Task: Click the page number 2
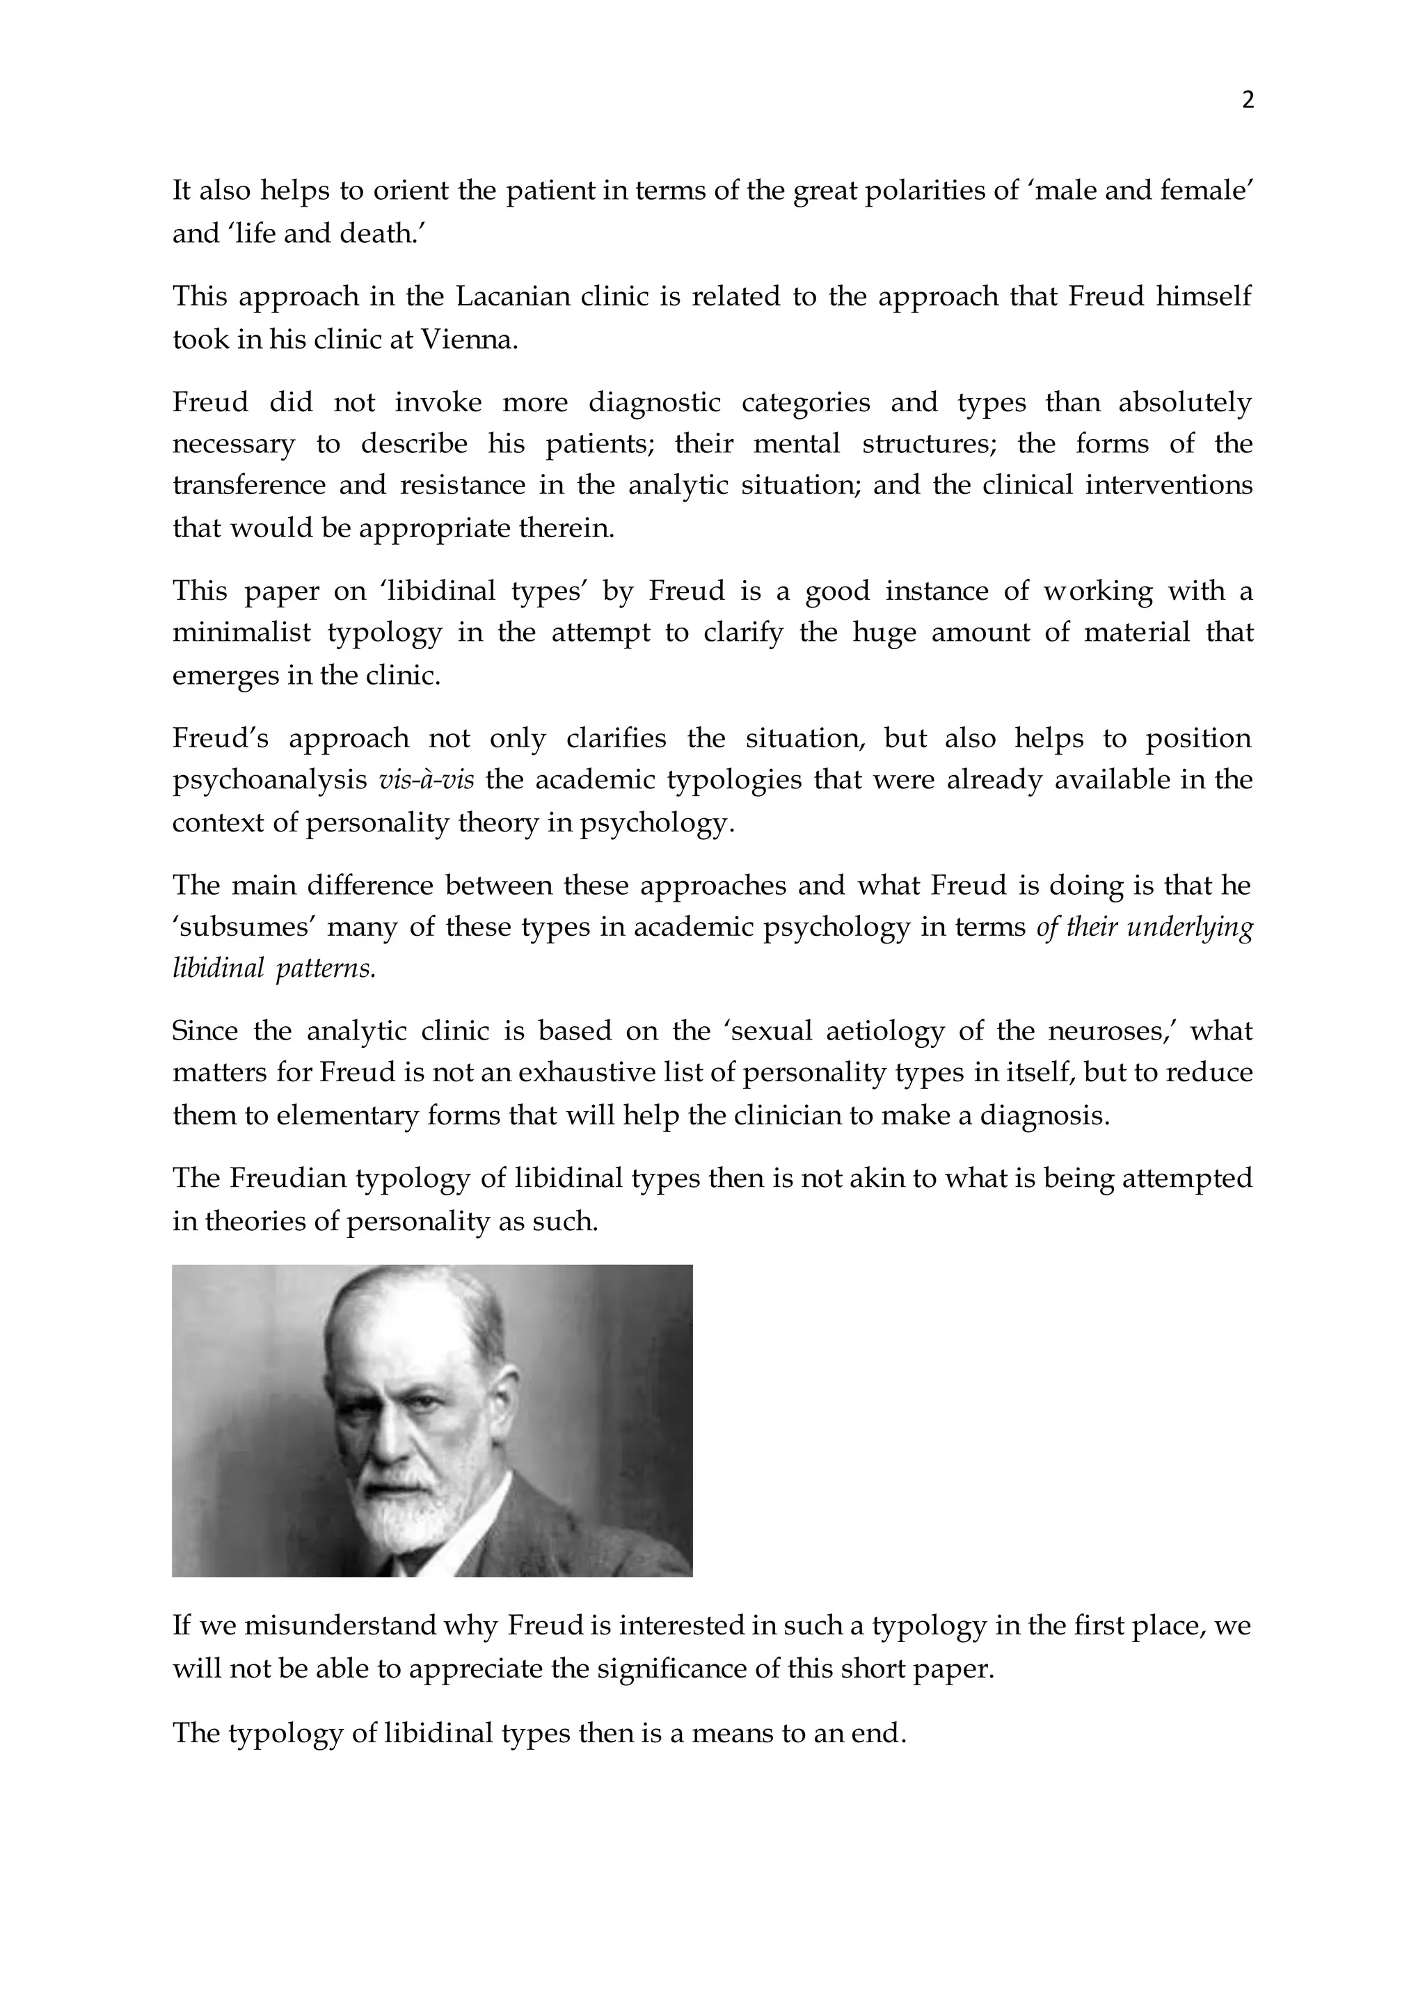[1248, 100]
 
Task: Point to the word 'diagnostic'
[654, 402]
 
